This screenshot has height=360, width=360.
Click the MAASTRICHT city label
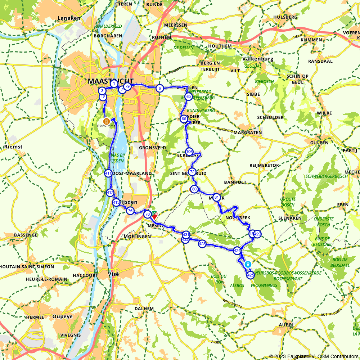[x=111, y=81]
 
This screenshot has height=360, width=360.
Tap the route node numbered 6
[x=160, y=88]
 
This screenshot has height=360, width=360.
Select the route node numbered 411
[x=108, y=174]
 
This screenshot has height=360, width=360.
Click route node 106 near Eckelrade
[x=189, y=152]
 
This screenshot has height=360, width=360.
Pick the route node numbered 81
[x=216, y=197]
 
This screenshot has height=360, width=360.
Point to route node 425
[x=251, y=275]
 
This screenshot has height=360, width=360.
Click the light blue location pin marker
[x=248, y=264]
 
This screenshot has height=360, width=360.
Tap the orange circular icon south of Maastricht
[x=107, y=121]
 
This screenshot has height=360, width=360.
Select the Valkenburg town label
[x=258, y=59]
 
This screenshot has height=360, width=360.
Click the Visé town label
[x=113, y=274]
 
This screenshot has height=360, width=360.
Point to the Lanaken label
[x=68, y=18]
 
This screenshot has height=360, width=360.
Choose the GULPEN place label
[x=319, y=143]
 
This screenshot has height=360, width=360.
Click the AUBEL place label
[x=286, y=325]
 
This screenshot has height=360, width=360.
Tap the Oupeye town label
[x=62, y=317]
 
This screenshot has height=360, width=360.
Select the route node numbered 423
[x=202, y=244]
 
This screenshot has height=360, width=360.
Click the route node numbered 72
[x=192, y=172]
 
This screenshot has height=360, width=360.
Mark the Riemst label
[x=13, y=147]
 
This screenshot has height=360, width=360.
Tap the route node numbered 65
[x=188, y=96]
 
